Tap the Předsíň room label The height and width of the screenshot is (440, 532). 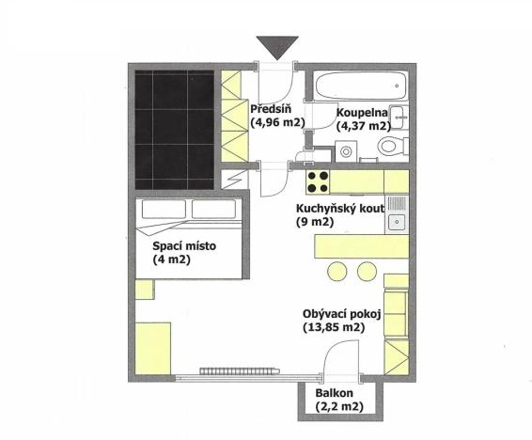(x=269, y=108)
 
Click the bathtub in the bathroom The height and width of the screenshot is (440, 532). (x=359, y=86)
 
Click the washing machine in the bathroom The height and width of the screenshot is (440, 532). (x=348, y=149)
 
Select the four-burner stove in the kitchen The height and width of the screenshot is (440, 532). (x=319, y=180)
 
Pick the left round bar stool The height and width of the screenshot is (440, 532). (x=336, y=271)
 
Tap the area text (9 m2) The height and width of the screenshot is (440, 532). (x=315, y=222)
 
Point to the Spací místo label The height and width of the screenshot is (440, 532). (x=184, y=246)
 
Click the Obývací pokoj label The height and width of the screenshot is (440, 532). (x=341, y=313)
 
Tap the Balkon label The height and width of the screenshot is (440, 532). (x=334, y=392)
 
